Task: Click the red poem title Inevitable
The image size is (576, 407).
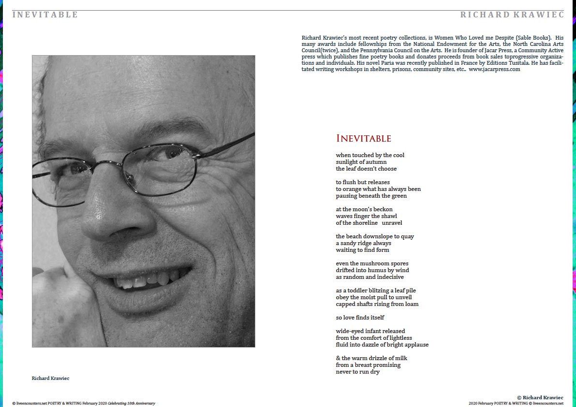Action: coord(363,139)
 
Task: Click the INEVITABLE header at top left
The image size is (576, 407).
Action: coord(45,15)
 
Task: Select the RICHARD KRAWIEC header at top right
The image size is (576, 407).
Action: coord(512,15)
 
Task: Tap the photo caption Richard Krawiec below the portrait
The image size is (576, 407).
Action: coord(50,378)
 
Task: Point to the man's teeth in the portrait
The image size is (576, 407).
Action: coord(145,279)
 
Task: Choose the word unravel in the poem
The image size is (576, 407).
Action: coord(392,223)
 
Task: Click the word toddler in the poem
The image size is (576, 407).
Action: coord(355,291)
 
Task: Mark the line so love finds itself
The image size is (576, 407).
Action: coord(360,318)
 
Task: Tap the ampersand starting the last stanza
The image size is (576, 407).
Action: coord(338,358)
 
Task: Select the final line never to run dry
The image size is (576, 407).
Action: coord(357,372)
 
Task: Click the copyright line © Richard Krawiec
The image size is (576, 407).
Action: coord(540,397)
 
